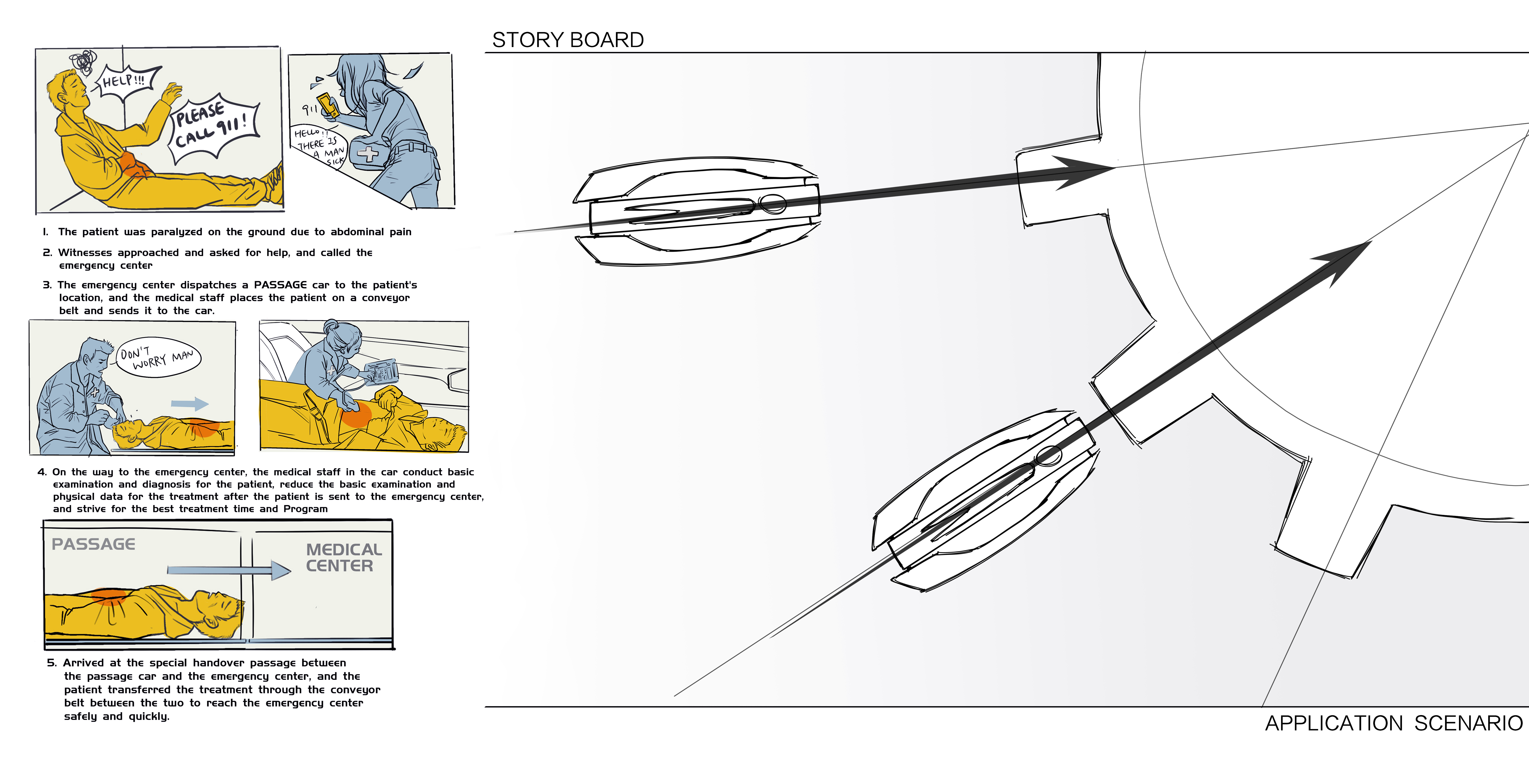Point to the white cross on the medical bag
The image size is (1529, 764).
pos(367,154)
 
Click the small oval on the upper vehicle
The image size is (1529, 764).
pos(773,204)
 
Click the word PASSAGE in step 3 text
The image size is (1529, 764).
pos(280,285)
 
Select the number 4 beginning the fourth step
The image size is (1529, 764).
pos(42,472)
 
